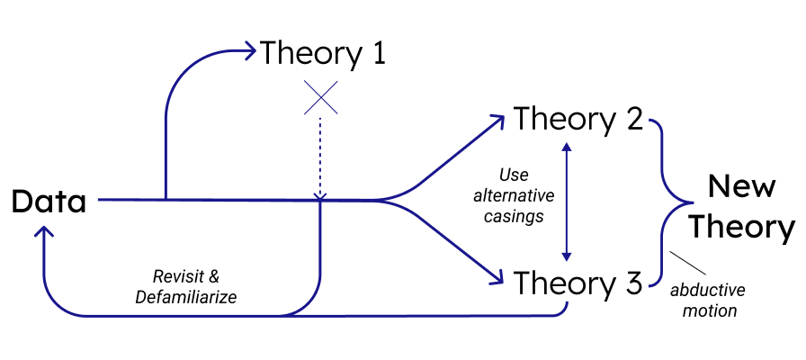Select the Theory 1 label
point(323,53)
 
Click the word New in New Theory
point(740,185)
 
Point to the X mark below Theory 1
point(321,97)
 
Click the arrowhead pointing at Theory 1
point(249,51)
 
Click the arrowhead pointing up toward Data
point(45,232)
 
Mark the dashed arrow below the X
point(320,158)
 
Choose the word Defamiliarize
point(186,298)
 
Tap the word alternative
point(514,195)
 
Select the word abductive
point(708,290)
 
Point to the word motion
point(708,310)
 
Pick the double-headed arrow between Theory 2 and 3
point(567,202)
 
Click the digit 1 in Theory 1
point(379,53)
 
